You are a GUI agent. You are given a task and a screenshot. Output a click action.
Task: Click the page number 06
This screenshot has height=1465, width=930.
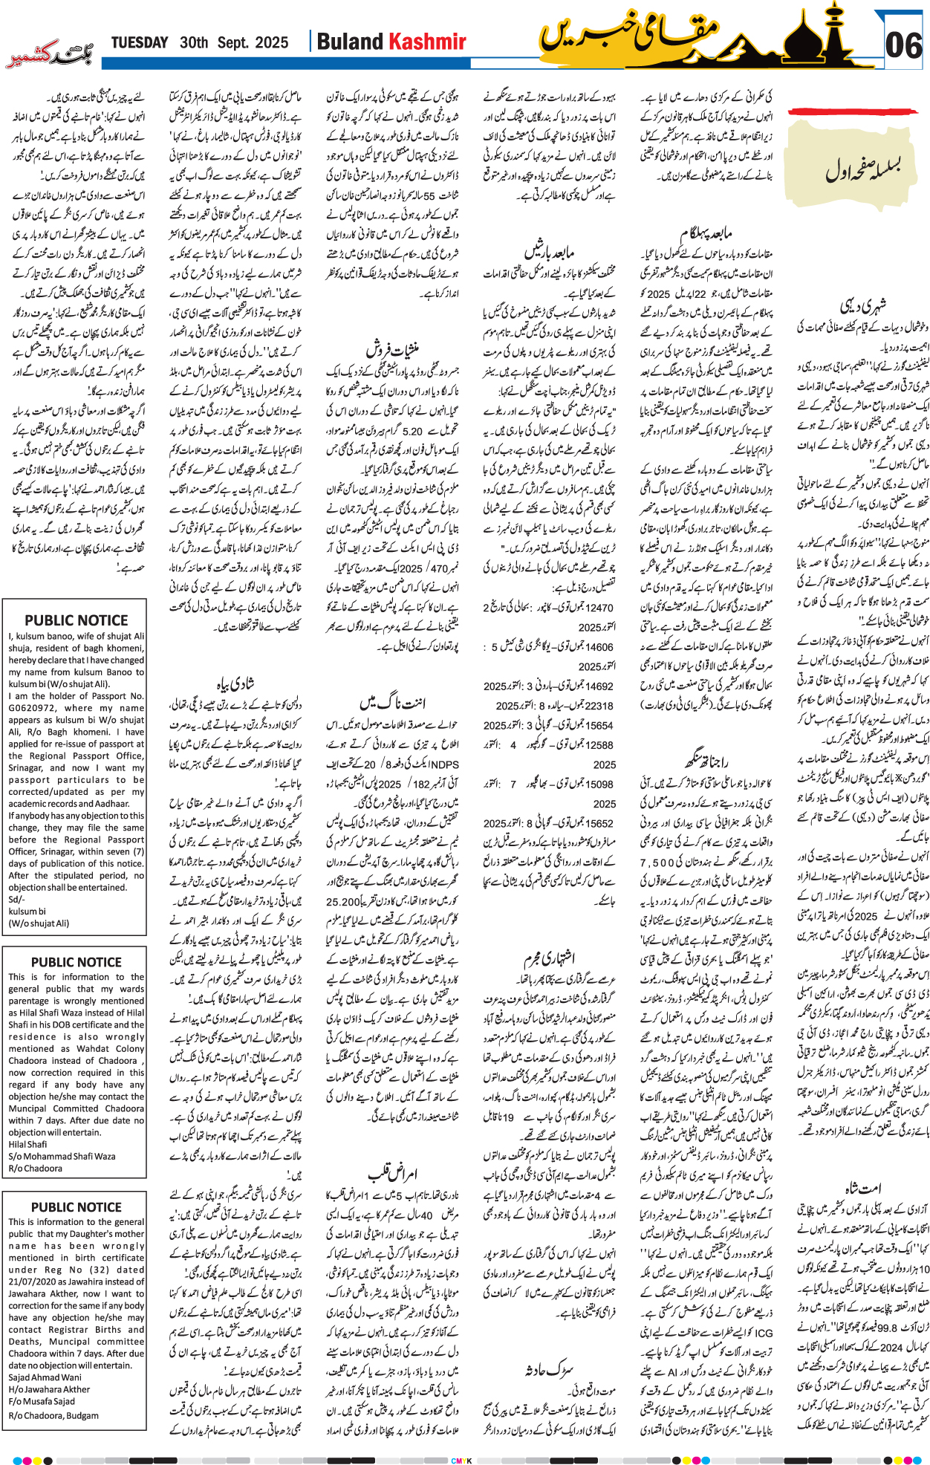click(x=904, y=45)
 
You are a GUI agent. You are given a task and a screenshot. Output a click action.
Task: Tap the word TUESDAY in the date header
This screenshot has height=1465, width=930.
click(x=140, y=43)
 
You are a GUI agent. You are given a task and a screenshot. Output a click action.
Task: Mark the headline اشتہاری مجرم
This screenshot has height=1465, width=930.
click(x=549, y=958)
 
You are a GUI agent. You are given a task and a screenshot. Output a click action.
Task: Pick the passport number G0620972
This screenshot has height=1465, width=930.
click(x=34, y=708)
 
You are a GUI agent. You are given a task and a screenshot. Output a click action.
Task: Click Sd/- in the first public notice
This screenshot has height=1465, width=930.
click(x=16, y=899)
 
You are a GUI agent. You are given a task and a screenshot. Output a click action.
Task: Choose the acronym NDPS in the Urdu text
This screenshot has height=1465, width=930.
click(x=444, y=763)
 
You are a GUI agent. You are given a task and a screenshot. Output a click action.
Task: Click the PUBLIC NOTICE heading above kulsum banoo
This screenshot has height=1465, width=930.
click(x=76, y=620)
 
